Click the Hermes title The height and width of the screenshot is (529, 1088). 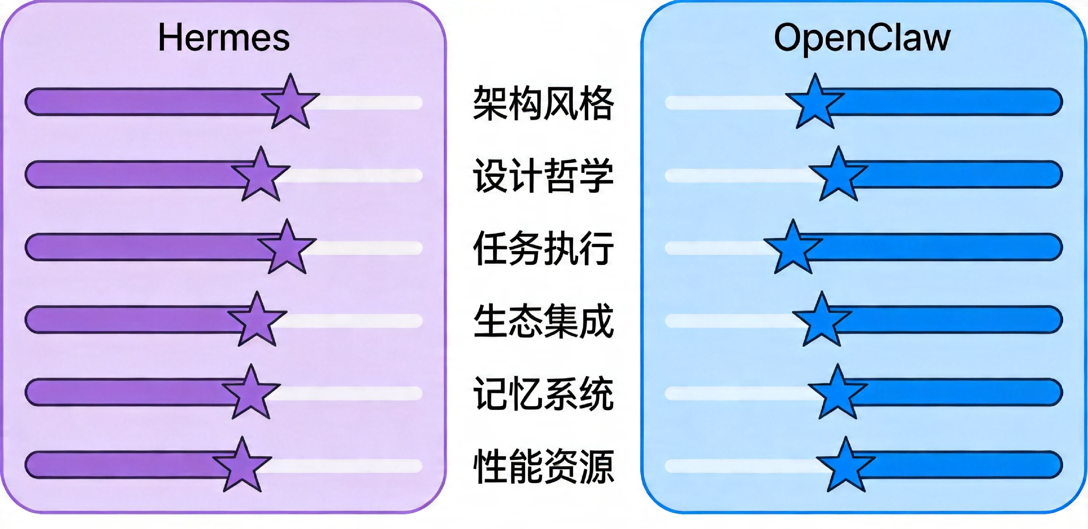coord(224,38)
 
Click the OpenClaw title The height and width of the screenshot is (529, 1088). coord(862,38)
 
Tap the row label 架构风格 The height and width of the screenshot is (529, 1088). coord(543,103)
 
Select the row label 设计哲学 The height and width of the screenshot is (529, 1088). coord(543,175)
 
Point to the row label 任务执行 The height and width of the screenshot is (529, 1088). coord(543,248)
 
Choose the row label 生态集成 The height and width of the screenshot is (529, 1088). coord(543,321)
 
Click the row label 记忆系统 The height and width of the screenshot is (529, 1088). coord(543,393)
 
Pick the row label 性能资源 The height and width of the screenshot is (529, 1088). coord(543,466)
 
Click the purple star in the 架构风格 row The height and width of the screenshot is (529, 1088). coord(291,103)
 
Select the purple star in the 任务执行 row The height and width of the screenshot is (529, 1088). coord(287,249)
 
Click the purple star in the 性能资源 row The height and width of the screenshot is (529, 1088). coord(242,466)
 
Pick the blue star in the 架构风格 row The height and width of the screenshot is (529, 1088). coord(815,103)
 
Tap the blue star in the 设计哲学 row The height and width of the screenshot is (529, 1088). coord(838,176)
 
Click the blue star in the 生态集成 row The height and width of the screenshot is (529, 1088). coord(822,321)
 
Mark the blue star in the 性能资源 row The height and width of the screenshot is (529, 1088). coord(845,466)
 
